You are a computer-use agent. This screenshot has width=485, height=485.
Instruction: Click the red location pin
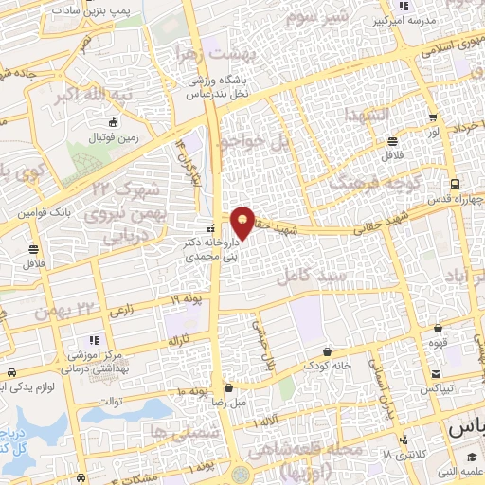point(243,220)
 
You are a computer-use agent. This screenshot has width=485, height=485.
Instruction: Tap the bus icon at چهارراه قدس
point(456,185)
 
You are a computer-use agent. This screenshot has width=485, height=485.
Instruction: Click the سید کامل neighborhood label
point(309,276)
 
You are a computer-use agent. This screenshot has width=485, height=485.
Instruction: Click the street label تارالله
point(180,338)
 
